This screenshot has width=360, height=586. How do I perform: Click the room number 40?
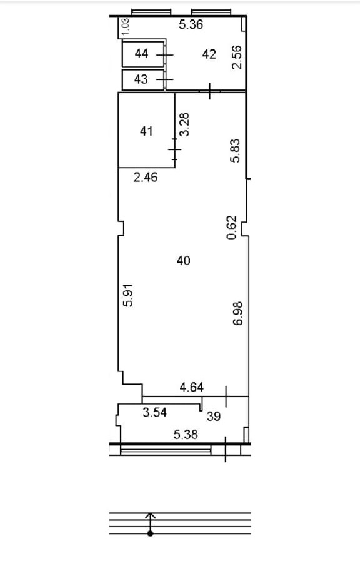tap(183, 261)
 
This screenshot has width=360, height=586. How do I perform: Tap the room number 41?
tap(146, 131)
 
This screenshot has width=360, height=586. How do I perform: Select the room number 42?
tap(209, 54)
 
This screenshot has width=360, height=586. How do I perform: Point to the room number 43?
tap(141, 79)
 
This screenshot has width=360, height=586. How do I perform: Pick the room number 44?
tap(141, 54)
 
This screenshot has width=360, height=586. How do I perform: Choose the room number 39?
tap(214, 416)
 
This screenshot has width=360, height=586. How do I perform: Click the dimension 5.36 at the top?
tap(191, 24)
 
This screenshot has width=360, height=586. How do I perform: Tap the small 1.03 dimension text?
tap(126, 27)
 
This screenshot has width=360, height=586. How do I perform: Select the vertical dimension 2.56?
tap(237, 57)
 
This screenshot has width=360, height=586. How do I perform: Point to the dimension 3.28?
tap(184, 124)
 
